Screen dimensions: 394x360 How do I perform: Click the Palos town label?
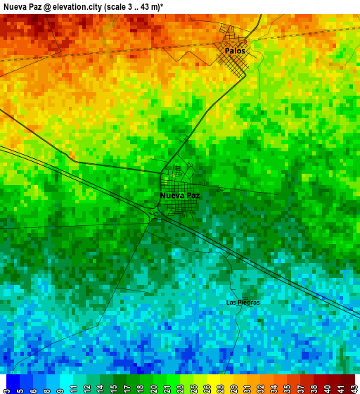tap(236, 51)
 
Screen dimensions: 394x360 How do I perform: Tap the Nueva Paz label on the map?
tap(180, 195)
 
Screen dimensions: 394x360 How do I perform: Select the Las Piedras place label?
tap(243, 303)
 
